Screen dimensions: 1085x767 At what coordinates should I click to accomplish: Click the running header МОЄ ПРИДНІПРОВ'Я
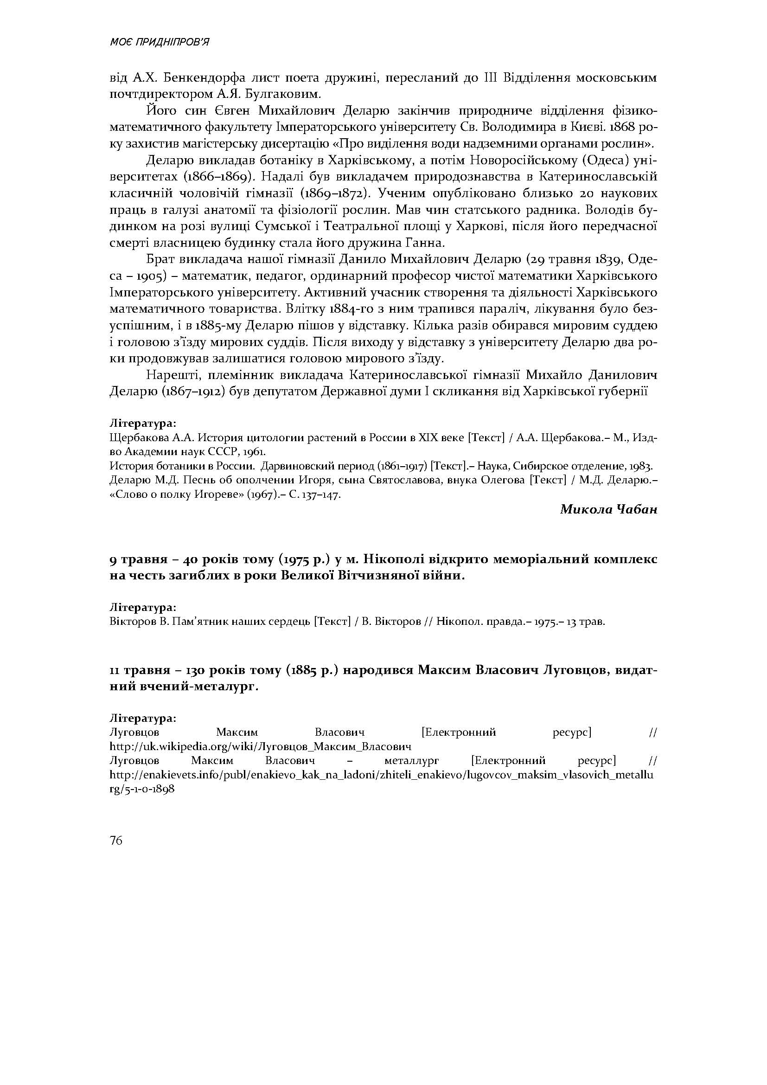[x=159, y=43]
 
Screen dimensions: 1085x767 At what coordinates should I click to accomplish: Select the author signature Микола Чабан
[x=608, y=509]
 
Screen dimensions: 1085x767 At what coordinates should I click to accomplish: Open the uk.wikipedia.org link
[x=260, y=747]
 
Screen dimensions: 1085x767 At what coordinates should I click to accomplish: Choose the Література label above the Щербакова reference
[x=143, y=422]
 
